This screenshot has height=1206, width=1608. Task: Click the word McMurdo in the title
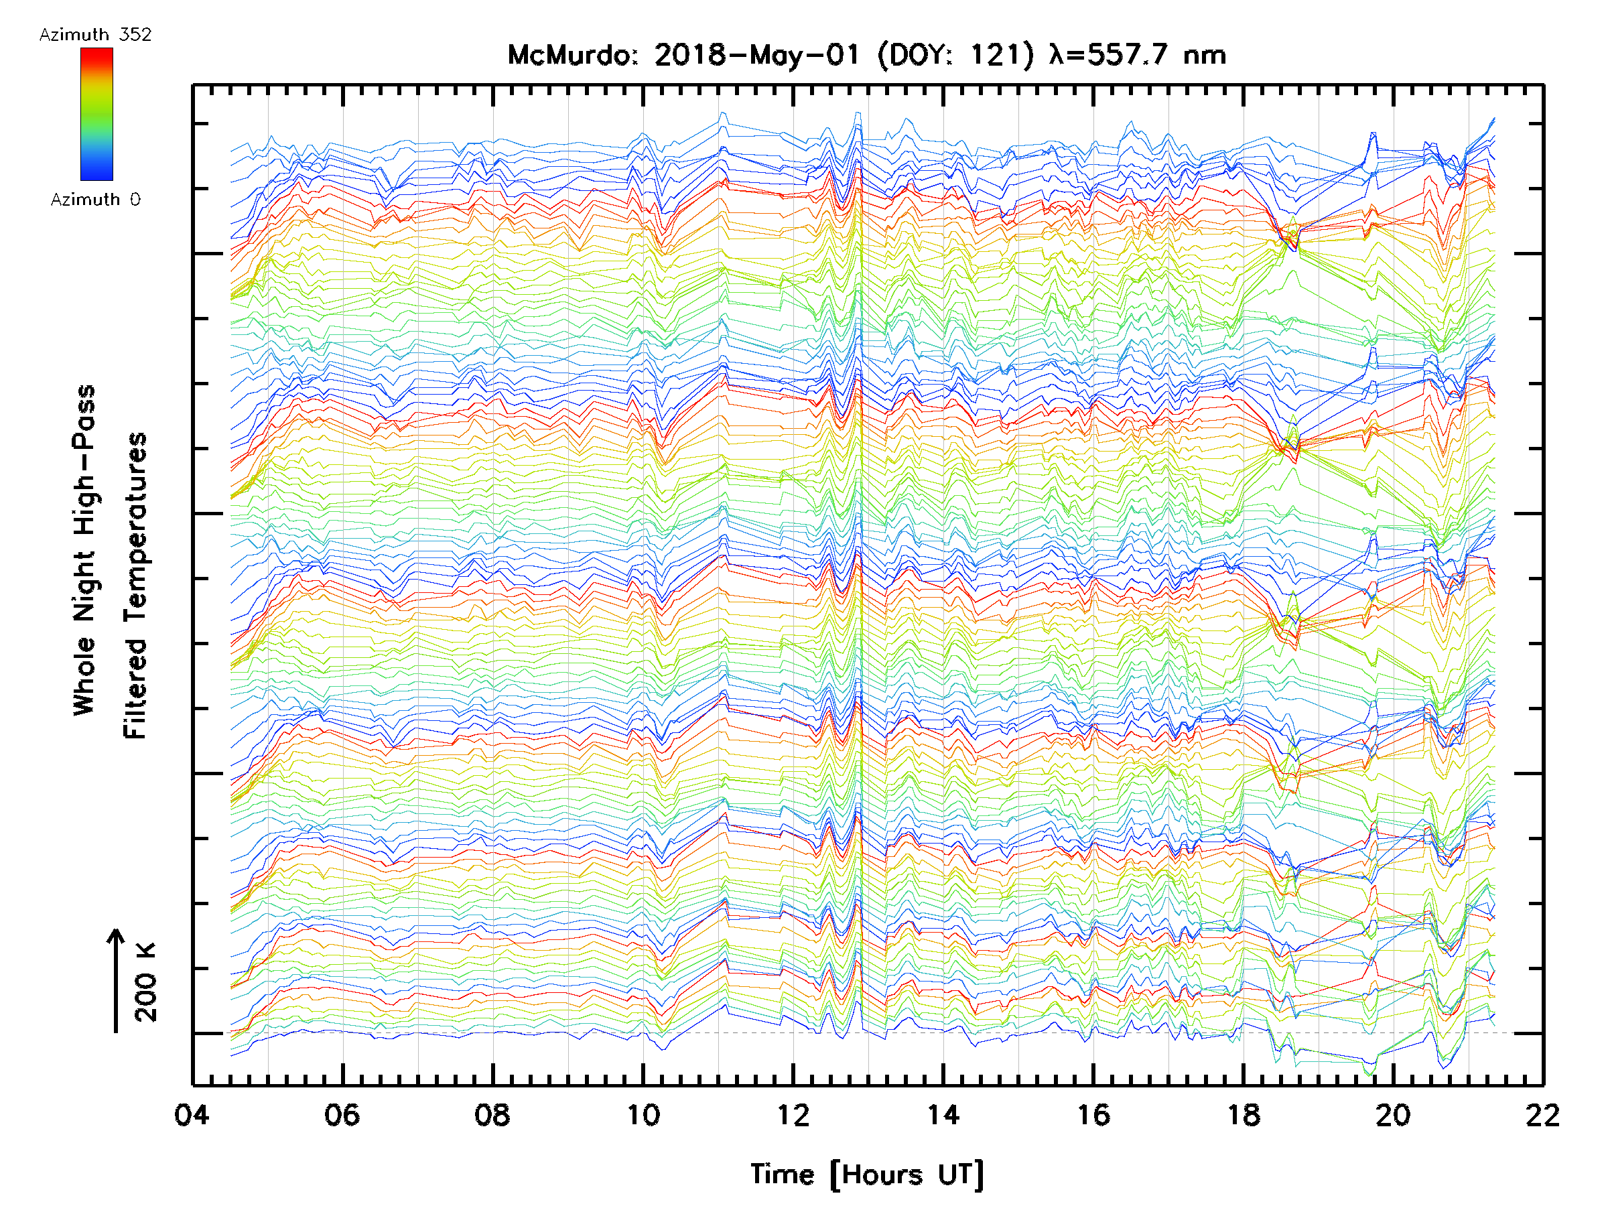point(572,55)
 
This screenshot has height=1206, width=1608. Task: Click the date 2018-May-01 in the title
point(756,55)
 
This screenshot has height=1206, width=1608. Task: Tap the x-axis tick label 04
point(192,1115)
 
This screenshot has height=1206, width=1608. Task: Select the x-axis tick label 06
point(342,1115)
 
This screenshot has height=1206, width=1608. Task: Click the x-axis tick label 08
point(492,1115)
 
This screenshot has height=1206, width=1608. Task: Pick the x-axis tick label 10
point(643,1115)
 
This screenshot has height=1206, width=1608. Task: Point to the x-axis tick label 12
point(793,1115)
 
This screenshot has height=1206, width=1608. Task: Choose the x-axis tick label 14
point(943,1115)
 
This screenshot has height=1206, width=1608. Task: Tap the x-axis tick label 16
point(1093,1115)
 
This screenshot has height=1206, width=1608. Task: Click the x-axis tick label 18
point(1244,1115)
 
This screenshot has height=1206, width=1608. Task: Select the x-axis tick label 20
point(1394,1115)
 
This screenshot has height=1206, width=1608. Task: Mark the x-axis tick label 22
point(1542,1115)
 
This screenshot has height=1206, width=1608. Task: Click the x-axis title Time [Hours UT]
point(867,1175)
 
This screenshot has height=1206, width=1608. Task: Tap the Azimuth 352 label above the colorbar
point(95,35)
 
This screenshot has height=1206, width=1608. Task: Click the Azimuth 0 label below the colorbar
point(95,199)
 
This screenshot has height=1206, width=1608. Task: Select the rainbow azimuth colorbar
point(96,114)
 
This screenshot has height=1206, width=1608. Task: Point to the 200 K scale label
point(146,982)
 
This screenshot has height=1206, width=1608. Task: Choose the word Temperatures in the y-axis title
point(135,585)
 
